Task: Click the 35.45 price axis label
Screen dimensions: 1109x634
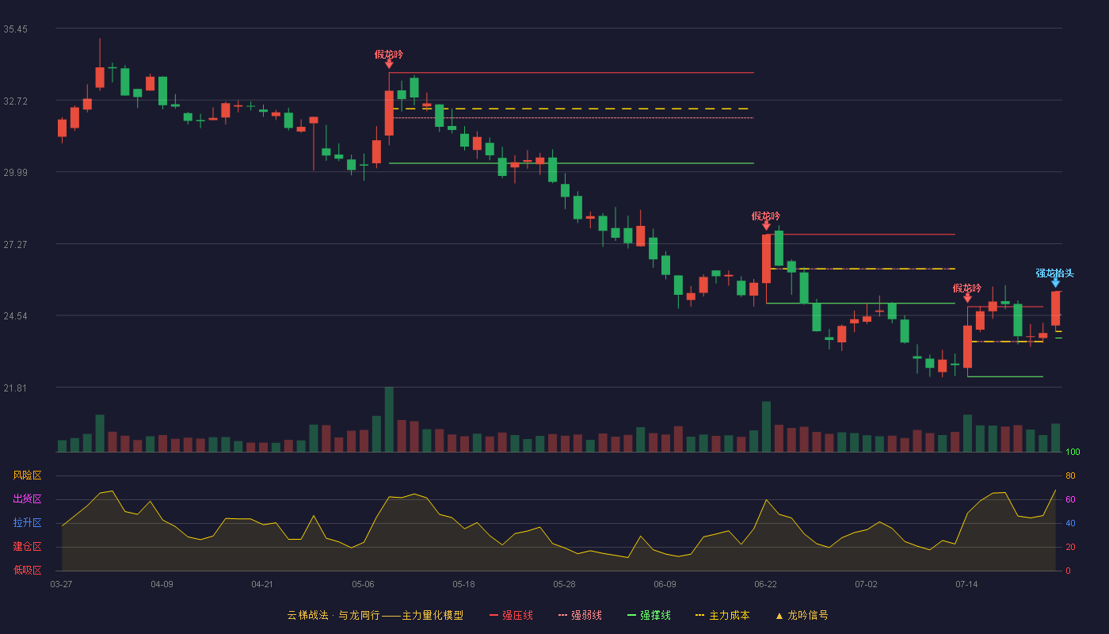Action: tap(15, 29)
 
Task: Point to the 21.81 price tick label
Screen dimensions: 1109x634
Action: tap(15, 388)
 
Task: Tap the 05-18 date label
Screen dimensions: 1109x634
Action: tap(463, 585)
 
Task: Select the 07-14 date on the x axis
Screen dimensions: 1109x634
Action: tap(966, 585)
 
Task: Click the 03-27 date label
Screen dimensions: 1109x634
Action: tap(62, 585)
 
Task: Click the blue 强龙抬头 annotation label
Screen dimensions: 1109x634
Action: tap(1054, 273)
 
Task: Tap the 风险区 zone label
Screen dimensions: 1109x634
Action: tap(27, 475)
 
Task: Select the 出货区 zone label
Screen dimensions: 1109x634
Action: tap(27, 498)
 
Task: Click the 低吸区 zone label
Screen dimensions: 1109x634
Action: tap(27, 570)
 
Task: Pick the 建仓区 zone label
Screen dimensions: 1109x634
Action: tap(27, 546)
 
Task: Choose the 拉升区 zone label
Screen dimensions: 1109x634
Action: tap(27, 522)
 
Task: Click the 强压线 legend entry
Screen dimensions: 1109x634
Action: tap(511, 615)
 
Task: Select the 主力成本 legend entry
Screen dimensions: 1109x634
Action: tap(722, 615)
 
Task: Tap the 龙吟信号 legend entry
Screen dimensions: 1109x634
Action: tap(802, 615)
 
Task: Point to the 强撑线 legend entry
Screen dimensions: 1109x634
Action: tap(649, 615)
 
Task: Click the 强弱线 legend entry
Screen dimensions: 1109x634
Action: tap(580, 615)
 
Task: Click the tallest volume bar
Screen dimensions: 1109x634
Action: tap(389, 419)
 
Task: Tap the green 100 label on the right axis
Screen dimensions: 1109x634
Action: tap(1073, 452)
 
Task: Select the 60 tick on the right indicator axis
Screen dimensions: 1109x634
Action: tap(1070, 499)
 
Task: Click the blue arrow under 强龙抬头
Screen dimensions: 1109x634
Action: tap(1055, 283)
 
